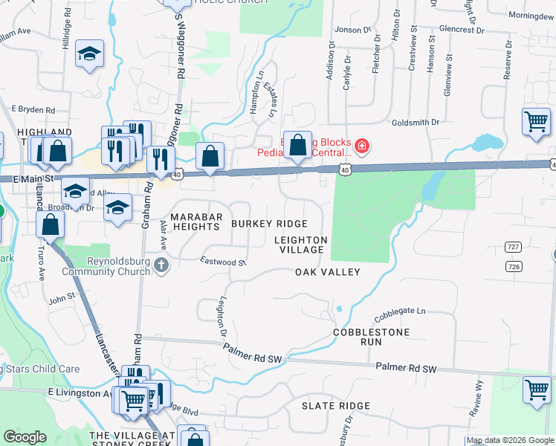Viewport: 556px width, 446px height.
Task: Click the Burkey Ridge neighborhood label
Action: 268,224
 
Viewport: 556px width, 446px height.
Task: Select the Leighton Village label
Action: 300,245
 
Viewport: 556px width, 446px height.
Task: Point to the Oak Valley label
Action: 327,272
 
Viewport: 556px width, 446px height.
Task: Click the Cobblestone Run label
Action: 358,337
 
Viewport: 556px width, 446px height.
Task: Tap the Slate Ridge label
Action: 335,406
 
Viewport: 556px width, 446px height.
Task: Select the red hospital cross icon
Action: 362,146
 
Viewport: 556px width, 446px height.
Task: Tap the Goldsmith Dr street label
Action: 416,121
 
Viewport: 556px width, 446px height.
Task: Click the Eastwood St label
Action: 223,262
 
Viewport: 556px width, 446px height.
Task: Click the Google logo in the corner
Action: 25,437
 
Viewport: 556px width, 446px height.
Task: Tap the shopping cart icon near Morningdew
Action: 536,121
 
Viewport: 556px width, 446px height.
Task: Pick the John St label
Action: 62,300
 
